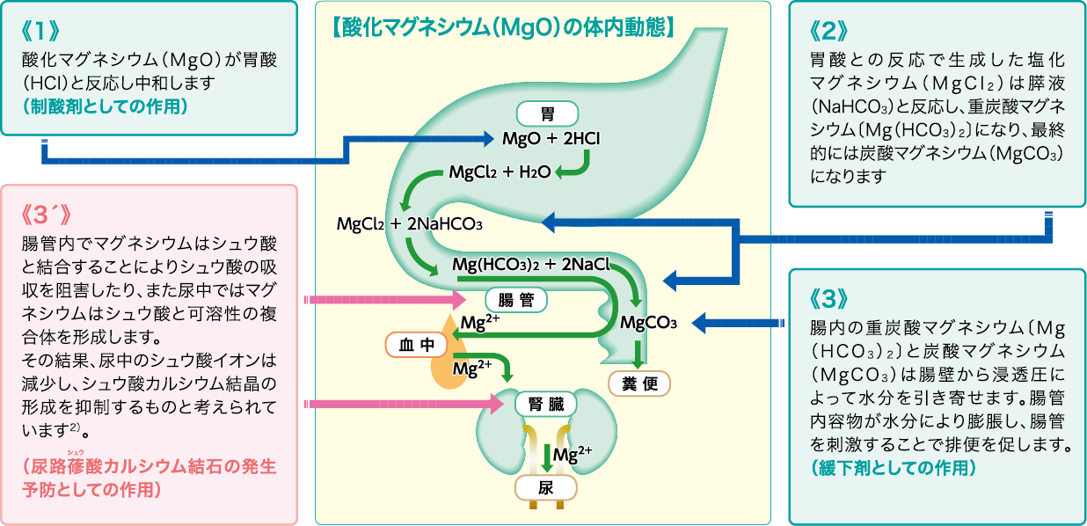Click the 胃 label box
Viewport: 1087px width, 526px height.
click(x=546, y=113)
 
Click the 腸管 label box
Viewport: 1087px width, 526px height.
click(x=516, y=300)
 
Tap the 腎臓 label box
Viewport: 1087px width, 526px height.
click(x=546, y=404)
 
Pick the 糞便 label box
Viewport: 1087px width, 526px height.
click(x=639, y=384)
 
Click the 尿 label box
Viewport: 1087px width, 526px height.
click(x=545, y=488)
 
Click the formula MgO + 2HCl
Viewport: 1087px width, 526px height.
click(x=551, y=139)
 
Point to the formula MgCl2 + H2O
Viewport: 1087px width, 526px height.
click(x=500, y=172)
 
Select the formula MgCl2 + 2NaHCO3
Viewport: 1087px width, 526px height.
click(x=410, y=223)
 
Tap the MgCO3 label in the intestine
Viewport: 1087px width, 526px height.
click(x=648, y=323)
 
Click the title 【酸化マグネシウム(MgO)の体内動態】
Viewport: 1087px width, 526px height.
click(x=503, y=27)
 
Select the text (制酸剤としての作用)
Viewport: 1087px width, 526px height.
click(x=106, y=106)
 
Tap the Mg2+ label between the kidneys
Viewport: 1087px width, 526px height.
click(x=572, y=455)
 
